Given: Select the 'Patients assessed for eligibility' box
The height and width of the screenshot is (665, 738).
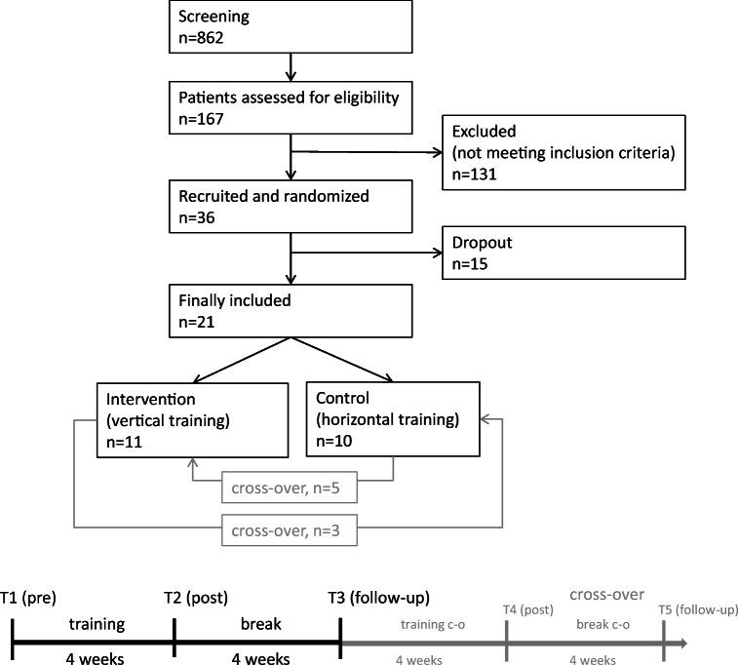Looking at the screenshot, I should point(291,106).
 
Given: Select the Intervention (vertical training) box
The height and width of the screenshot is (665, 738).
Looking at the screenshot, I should point(192,418).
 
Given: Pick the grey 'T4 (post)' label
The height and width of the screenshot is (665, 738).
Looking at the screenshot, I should point(528,609).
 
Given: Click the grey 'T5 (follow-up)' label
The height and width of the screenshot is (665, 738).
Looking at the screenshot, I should point(696,609).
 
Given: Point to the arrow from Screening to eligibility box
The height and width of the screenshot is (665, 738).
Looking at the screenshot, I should point(291,66).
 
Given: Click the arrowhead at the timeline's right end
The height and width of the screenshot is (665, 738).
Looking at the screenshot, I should point(682,644).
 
